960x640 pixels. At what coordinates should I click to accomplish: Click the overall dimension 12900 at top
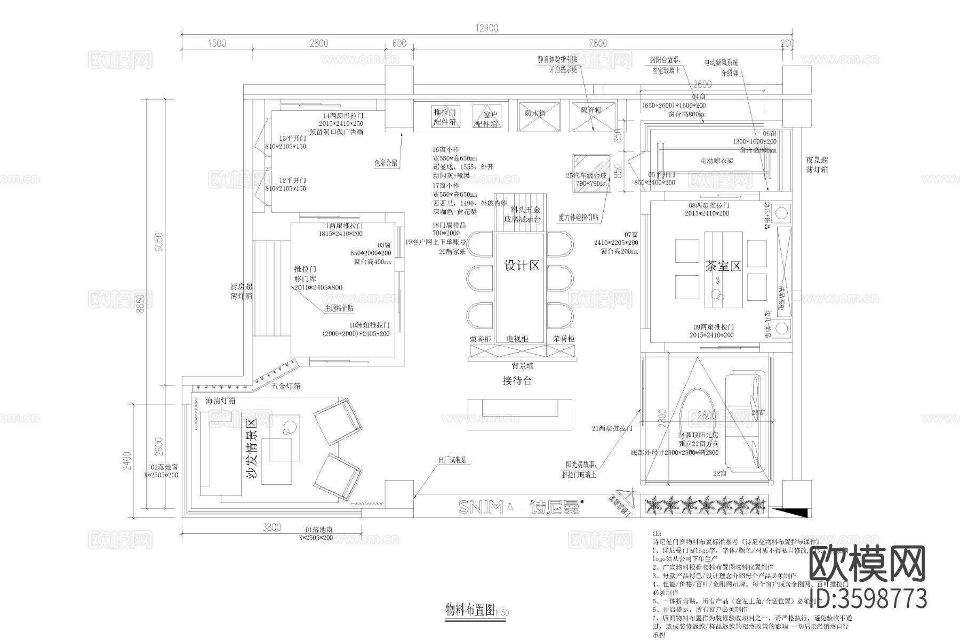coord(486,28)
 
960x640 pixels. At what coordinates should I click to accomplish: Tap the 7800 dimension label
coord(597,44)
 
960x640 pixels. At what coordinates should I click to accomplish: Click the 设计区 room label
coord(522,266)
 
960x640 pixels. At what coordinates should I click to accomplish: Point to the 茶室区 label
coord(723,266)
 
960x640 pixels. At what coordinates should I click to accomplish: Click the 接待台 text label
coord(517,381)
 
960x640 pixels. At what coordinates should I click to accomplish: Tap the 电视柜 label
coord(517,339)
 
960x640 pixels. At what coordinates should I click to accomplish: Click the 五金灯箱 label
coord(285,386)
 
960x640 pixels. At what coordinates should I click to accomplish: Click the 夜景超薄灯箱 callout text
coord(817,164)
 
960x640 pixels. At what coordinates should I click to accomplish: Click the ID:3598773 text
coord(868,598)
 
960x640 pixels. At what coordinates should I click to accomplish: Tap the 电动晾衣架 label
coord(717,161)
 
